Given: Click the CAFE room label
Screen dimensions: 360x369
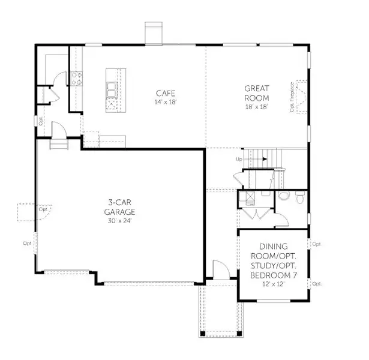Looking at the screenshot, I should (166, 93).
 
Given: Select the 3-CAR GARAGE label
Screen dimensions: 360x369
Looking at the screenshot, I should (118, 207).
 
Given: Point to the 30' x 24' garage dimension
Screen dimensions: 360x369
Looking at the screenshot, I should (118, 220).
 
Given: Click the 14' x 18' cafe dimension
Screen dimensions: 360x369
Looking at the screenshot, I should (166, 102).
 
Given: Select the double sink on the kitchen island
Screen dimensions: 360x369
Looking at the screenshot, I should (112, 90).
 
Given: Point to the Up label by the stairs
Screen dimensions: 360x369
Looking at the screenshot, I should (239, 159).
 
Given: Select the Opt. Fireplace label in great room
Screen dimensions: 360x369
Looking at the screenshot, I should (292, 95).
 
